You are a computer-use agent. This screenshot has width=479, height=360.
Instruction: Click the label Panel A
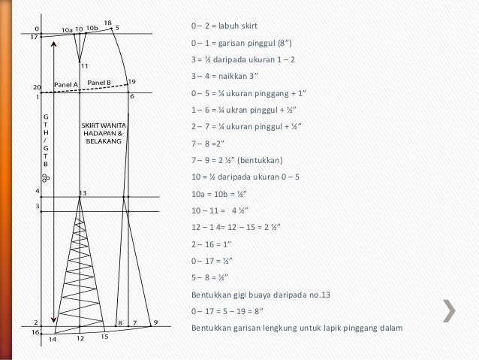tap(66, 85)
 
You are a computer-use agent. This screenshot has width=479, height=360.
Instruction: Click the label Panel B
tap(99, 83)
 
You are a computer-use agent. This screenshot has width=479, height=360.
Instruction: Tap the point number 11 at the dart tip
tap(85, 65)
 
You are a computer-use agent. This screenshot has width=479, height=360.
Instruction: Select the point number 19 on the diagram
tap(132, 82)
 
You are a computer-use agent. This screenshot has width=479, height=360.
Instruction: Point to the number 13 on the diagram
tap(83, 193)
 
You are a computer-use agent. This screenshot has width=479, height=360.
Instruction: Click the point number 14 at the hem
tap(53, 339)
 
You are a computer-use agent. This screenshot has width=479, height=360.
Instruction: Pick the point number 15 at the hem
tap(105, 337)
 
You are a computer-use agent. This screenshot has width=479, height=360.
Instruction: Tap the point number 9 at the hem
tap(156, 322)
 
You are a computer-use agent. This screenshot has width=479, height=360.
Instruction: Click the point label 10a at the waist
tap(68, 30)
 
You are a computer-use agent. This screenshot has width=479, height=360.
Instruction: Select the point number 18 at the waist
tap(108, 23)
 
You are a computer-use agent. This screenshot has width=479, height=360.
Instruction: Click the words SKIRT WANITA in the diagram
tap(104, 126)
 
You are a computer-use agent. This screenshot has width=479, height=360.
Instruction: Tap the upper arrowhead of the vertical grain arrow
tap(54, 44)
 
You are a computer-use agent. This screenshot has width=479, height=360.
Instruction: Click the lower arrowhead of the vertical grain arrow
tap(54, 320)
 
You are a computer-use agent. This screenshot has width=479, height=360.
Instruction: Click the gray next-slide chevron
tap(450, 311)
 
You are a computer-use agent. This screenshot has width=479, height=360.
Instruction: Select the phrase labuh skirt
tap(238, 26)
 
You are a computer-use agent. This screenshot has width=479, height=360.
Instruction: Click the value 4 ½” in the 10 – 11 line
tap(240, 210)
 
